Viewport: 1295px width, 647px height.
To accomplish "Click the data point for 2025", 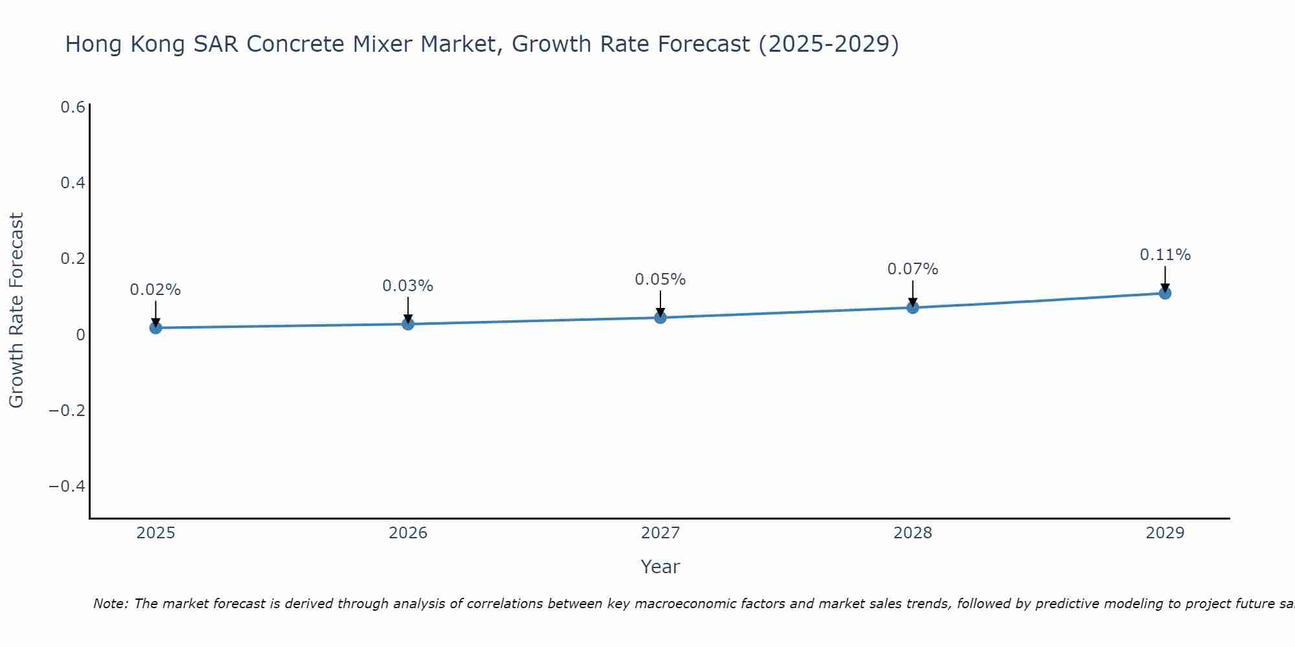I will (155, 328).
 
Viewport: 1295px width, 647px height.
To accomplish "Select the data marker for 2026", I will (408, 323).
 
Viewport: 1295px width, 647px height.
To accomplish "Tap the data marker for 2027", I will (660, 317).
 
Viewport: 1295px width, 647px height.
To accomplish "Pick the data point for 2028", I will (912, 307).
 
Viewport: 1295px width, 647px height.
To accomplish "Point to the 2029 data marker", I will (1165, 293).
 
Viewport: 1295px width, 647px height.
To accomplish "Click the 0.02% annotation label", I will (155, 290).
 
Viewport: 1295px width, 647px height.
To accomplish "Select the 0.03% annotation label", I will (408, 286).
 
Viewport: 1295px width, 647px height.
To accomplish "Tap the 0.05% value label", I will (660, 280).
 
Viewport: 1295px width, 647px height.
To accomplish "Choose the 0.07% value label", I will (912, 269).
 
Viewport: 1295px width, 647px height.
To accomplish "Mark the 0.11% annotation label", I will (1165, 255).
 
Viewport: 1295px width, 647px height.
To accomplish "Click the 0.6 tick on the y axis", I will (73, 107).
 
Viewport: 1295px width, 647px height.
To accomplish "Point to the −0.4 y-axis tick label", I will (67, 486).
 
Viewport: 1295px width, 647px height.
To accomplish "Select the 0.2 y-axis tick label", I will (73, 259).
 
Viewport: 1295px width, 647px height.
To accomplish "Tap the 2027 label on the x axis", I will (660, 533).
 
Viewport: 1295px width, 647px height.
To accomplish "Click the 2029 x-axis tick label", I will (1165, 533).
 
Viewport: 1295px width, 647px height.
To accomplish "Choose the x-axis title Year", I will (660, 567).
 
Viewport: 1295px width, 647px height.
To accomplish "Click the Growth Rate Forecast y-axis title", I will (17, 311).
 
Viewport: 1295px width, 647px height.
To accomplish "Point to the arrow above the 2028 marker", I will (912, 292).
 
